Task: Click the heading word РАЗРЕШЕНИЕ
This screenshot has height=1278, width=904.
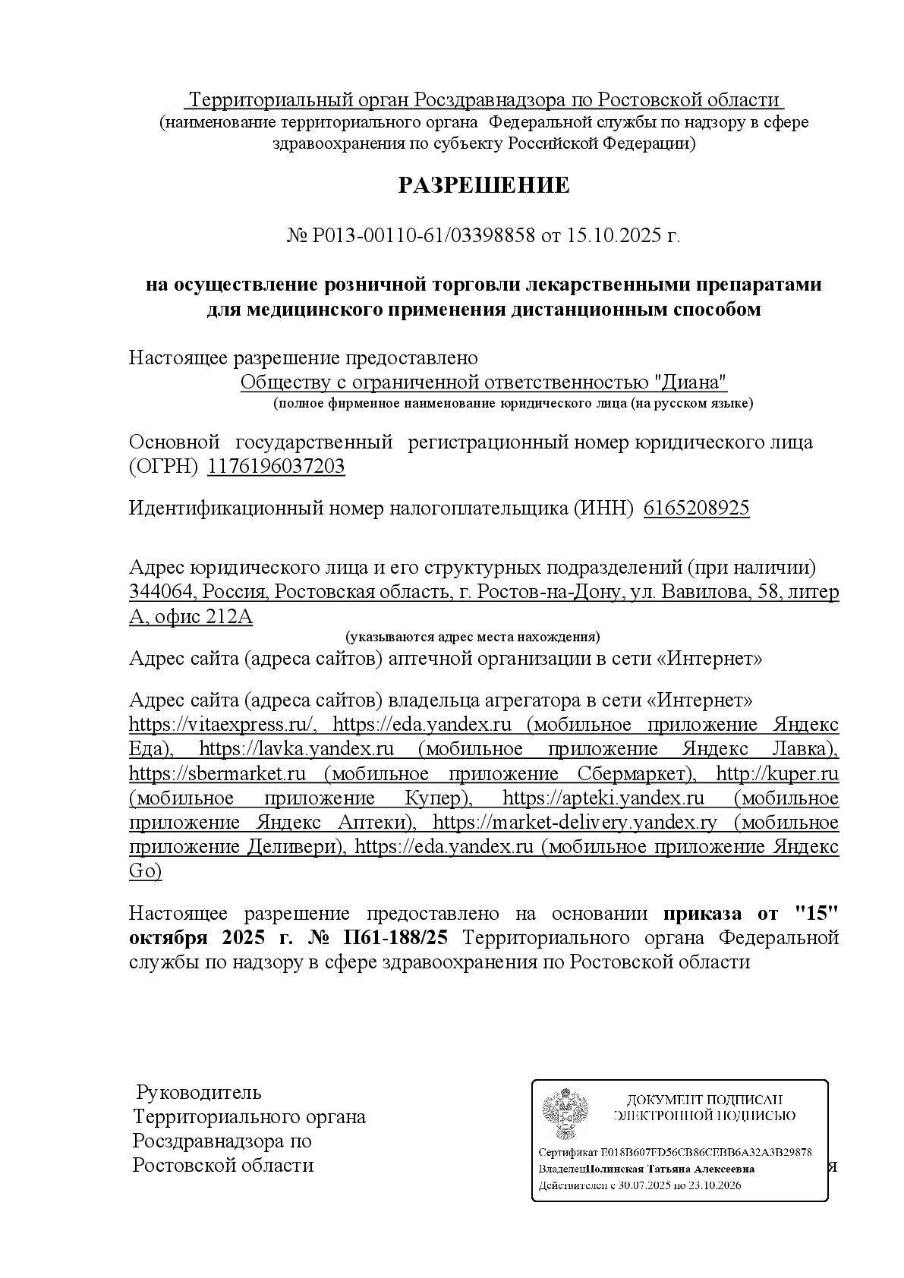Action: point(483,186)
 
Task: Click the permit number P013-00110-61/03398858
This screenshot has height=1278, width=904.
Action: point(424,236)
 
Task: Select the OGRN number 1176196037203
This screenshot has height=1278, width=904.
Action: point(276,466)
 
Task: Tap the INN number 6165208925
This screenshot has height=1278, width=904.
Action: point(696,508)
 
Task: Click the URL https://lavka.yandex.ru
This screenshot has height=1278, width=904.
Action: point(296,749)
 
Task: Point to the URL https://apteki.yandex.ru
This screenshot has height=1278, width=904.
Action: point(603,798)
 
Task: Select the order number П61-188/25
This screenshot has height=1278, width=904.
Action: point(395,938)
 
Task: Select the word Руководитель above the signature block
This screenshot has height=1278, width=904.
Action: point(198,1093)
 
